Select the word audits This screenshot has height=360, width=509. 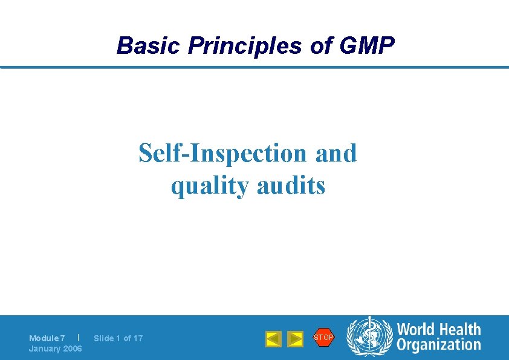click(291, 185)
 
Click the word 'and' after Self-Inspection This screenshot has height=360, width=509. click(336, 153)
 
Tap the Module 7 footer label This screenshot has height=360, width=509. click(47, 338)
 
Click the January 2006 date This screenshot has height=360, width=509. click(56, 349)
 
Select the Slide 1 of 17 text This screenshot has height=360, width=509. click(118, 338)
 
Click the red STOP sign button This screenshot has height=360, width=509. click(323, 337)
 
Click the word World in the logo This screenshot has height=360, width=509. click(416, 330)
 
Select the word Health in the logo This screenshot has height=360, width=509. click(459, 330)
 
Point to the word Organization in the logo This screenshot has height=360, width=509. click(438, 345)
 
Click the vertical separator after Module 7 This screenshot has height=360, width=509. click(79, 337)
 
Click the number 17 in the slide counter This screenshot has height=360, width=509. click(138, 338)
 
